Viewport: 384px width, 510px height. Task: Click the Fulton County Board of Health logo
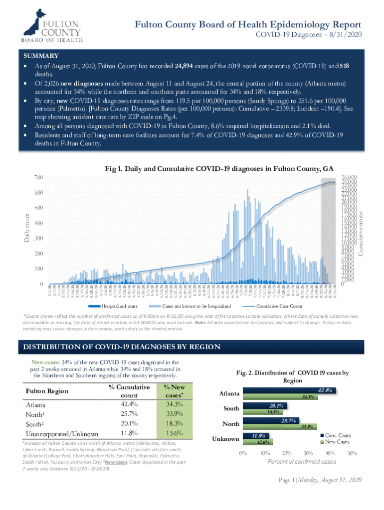click(x=45, y=25)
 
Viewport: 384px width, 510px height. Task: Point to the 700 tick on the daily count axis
click(x=38, y=178)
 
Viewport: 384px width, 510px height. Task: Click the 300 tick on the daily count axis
click(x=38, y=239)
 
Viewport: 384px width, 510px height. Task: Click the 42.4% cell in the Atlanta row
click(x=129, y=403)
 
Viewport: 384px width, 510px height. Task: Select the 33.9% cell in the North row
click(x=174, y=414)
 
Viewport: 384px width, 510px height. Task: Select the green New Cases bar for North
click(x=279, y=427)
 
